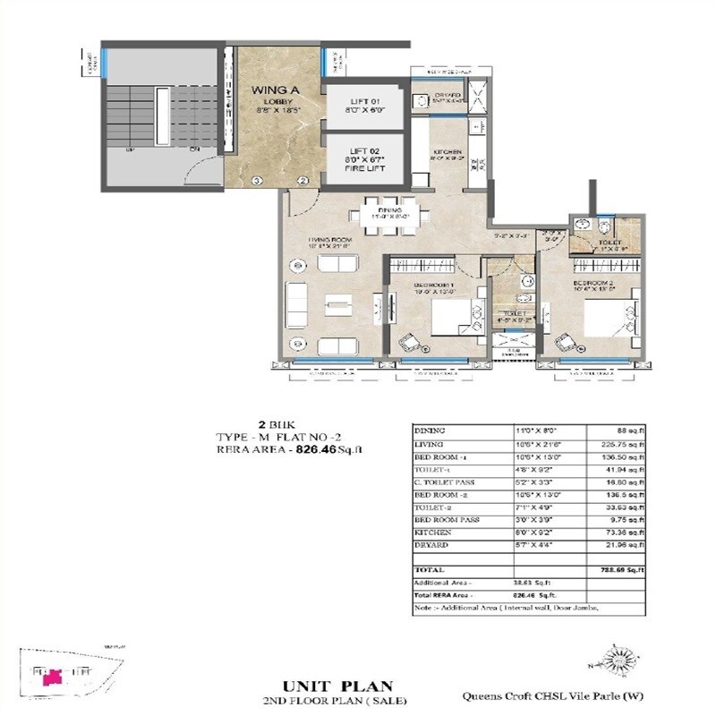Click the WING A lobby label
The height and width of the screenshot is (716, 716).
(268, 90)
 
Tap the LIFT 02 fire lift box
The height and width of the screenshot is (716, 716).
(364, 158)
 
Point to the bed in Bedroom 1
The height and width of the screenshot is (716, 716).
(452, 318)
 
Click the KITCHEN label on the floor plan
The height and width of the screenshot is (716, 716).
(448, 153)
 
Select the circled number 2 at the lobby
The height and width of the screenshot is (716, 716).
(303, 181)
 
